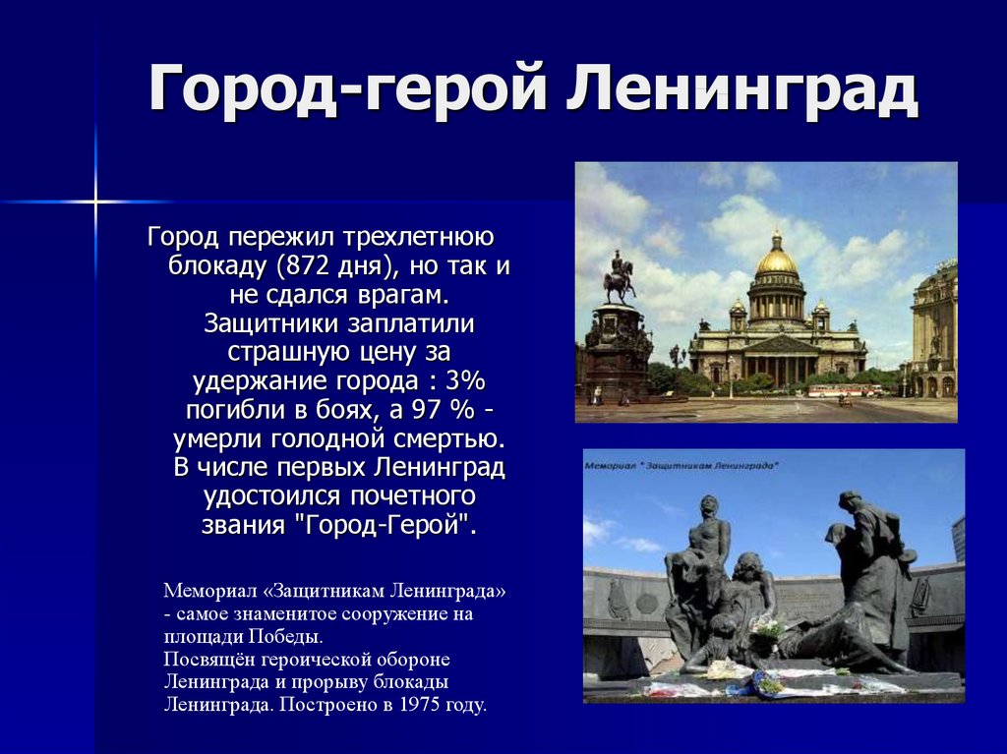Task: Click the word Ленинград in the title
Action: click(x=741, y=88)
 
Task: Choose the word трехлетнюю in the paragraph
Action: click(x=418, y=237)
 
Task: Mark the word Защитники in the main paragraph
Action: click(x=272, y=323)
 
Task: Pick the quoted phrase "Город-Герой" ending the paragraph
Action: click(x=385, y=525)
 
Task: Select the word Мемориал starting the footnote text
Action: click(x=212, y=590)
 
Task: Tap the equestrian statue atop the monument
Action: click(x=618, y=277)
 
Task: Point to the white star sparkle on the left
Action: click(x=95, y=202)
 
